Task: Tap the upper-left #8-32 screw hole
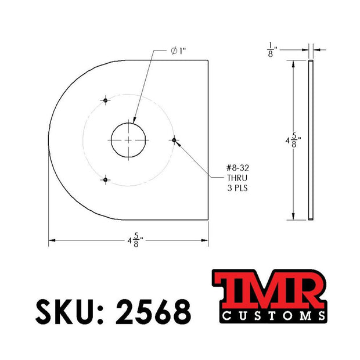pyautogui.click(x=105, y=100)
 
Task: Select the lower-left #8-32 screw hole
pyautogui.click(x=105, y=179)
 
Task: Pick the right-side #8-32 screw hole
pyautogui.click(x=174, y=140)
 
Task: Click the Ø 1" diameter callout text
pyautogui.click(x=178, y=51)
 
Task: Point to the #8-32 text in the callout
pyautogui.click(x=237, y=168)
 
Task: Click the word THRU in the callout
pyautogui.click(x=237, y=178)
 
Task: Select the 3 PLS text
pyautogui.click(x=237, y=188)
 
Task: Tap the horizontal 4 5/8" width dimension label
pyautogui.click(x=135, y=240)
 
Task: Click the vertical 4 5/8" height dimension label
pyautogui.click(x=293, y=141)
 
